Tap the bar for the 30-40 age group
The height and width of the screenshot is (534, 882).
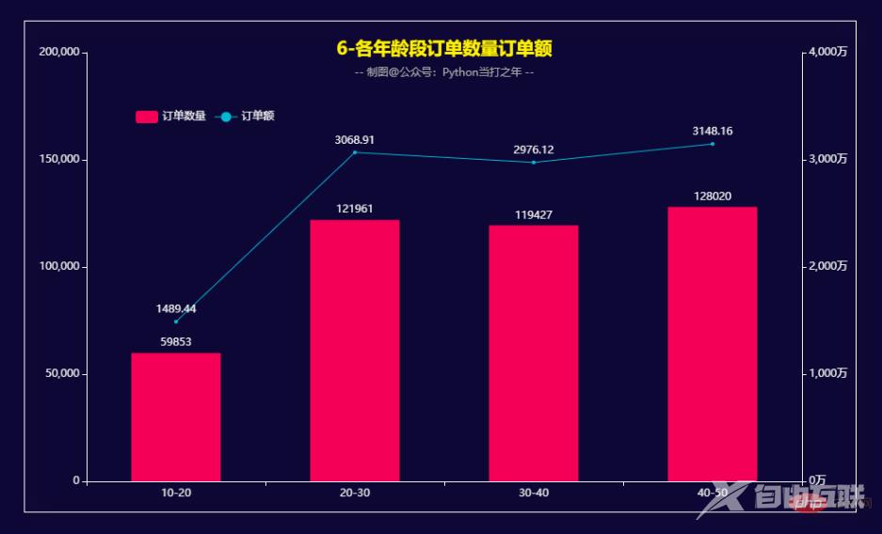click(x=534, y=353)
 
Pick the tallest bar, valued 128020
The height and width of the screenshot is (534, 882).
click(x=713, y=343)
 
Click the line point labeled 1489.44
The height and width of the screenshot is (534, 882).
click(x=176, y=322)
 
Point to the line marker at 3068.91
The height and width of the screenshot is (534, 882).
click(x=355, y=152)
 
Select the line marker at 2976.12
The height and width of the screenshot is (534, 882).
click(x=534, y=163)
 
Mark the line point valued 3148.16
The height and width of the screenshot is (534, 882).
click(x=713, y=144)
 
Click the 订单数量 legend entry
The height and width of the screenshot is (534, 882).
click(x=170, y=117)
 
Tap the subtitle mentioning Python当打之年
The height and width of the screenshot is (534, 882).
click(x=444, y=72)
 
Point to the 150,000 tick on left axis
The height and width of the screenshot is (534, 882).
click(x=58, y=160)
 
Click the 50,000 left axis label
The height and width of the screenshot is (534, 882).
click(x=62, y=374)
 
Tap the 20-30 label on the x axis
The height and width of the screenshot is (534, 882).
click(x=355, y=493)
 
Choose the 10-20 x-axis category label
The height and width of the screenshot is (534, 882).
click(x=176, y=493)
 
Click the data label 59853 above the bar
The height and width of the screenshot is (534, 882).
click(x=176, y=342)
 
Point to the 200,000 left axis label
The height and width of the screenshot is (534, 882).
click(x=58, y=53)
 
